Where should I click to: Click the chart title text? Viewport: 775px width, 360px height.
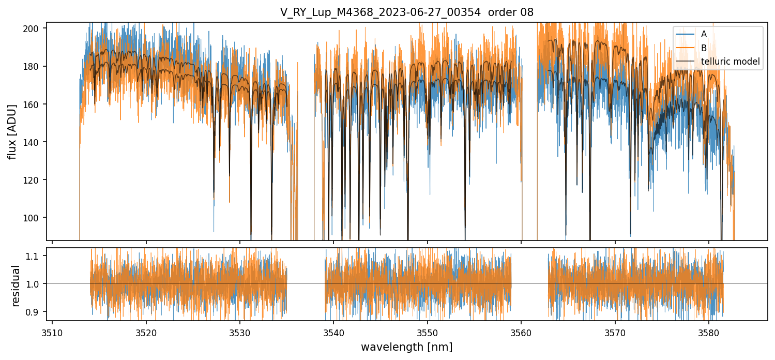click(406, 12)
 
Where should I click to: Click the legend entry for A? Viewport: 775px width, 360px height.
click(704, 34)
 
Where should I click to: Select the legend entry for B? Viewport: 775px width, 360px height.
click(704, 48)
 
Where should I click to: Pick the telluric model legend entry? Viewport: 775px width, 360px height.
click(730, 62)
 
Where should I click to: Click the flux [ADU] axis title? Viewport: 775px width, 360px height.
click(12, 131)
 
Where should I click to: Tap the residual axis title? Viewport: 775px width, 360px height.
click(16, 286)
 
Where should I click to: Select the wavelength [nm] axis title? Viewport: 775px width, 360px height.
click(406, 347)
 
